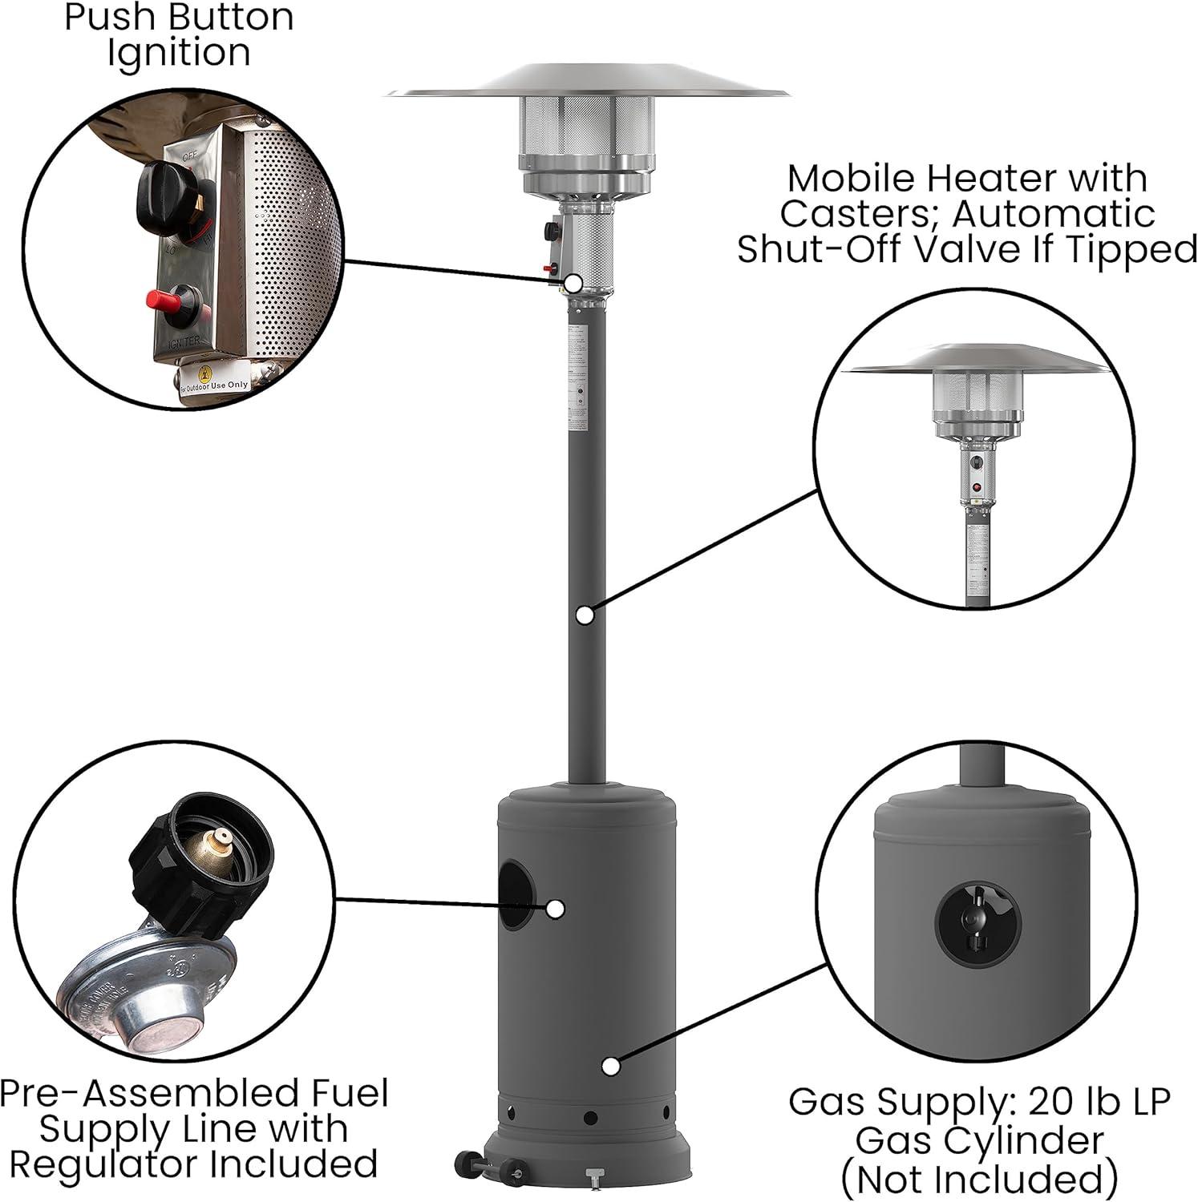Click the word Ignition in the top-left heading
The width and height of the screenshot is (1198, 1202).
pyautogui.click(x=179, y=54)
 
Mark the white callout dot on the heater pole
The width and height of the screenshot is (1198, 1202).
pyautogui.click(x=585, y=615)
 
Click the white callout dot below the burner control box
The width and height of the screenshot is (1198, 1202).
pyautogui.click(x=573, y=282)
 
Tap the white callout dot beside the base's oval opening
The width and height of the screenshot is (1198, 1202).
pyautogui.click(x=554, y=909)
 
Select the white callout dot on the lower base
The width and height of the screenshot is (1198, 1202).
pyautogui.click(x=610, y=1067)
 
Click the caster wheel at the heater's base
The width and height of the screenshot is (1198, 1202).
pyautogui.click(x=464, y=1163)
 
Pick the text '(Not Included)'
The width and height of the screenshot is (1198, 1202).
pyautogui.click(x=978, y=1180)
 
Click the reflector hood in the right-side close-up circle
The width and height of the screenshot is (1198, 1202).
pyautogui.click(x=979, y=361)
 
